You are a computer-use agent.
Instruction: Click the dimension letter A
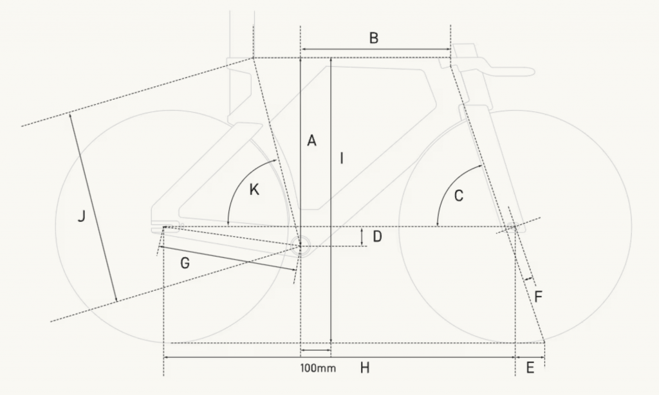(x=311, y=140)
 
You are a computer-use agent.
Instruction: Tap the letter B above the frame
(x=374, y=38)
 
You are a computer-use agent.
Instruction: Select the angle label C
(x=458, y=196)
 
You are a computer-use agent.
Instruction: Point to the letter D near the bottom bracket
(x=377, y=237)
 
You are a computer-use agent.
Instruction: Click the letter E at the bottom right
(x=530, y=368)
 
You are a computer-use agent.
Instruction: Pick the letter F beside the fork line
(x=539, y=297)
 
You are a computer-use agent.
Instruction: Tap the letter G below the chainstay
(x=185, y=263)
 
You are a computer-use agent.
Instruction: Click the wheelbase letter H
(x=365, y=368)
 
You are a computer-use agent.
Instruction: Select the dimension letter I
(x=342, y=158)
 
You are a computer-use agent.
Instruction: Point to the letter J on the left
(x=82, y=217)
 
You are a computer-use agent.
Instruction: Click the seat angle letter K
(x=254, y=190)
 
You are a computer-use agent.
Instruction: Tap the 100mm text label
(x=318, y=368)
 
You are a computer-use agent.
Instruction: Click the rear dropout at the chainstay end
(x=165, y=228)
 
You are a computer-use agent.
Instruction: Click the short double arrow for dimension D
(x=362, y=237)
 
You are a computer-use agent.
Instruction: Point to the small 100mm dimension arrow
(x=315, y=349)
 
